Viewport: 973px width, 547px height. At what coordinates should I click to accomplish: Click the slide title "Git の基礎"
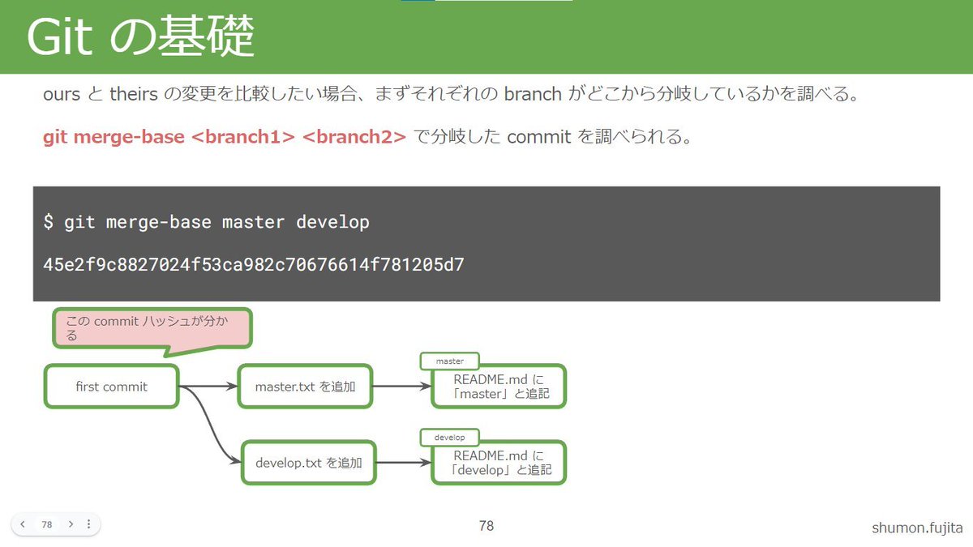pos(140,37)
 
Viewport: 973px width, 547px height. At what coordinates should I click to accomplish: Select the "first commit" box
pos(111,387)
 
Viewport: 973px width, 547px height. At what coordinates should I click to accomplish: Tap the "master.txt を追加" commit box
pos(306,387)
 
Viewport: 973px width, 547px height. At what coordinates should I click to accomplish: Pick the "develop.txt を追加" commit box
pos(308,464)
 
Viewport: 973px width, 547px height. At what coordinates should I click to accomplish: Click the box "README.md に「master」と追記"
pos(499,387)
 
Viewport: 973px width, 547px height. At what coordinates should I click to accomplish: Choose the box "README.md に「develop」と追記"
pos(499,463)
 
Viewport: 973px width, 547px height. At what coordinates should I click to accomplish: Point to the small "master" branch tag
pos(449,361)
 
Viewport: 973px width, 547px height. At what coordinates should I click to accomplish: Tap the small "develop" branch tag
pos(449,438)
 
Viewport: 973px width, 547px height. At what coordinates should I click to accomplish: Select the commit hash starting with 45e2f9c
pos(254,265)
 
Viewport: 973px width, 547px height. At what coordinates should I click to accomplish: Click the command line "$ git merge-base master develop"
pos(207,222)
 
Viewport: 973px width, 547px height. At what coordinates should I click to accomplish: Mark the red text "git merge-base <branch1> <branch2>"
pos(224,137)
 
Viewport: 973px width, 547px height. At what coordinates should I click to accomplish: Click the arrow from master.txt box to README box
pos(402,387)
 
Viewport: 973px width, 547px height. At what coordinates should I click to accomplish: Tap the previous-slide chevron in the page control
pos(23,524)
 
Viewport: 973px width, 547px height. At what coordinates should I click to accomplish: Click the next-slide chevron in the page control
pos(71,524)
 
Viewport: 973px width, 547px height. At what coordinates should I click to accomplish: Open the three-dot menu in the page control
pos(88,524)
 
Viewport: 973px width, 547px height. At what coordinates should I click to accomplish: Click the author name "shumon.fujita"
pos(916,528)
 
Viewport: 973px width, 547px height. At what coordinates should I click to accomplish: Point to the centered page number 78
pos(486,526)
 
